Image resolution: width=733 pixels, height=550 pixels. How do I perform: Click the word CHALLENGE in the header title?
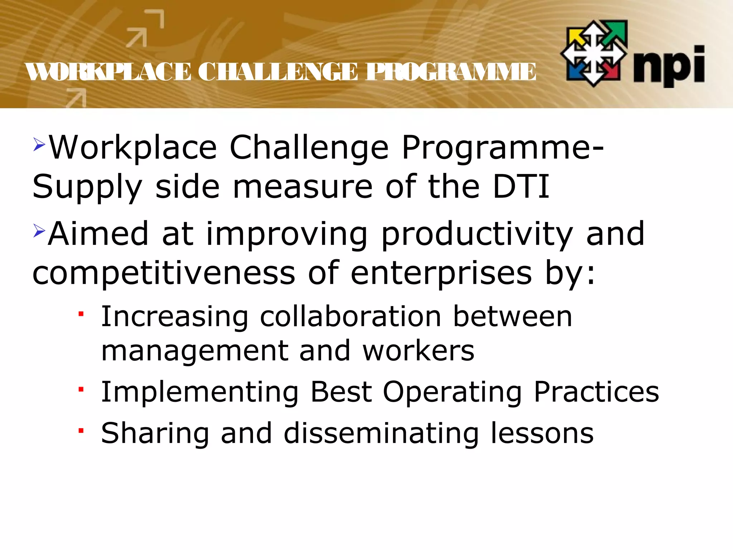click(x=277, y=72)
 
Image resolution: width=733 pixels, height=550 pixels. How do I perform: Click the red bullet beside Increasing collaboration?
click(x=81, y=314)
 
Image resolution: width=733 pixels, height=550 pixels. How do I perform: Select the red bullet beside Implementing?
click(x=81, y=389)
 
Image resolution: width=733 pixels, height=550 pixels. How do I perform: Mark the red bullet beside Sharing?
click(x=81, y=430)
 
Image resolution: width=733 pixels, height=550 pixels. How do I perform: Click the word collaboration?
click(x=350, y=317)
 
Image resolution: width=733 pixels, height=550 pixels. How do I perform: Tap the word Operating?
click(x=452, y=392)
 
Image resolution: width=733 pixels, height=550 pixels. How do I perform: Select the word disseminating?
click(x=381, y=433)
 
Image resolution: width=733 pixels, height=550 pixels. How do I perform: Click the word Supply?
click(x=87, y=188)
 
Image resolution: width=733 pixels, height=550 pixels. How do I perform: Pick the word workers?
click(x=418, y=351)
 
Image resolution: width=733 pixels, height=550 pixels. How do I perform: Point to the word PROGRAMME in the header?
click(x=450, y=72)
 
